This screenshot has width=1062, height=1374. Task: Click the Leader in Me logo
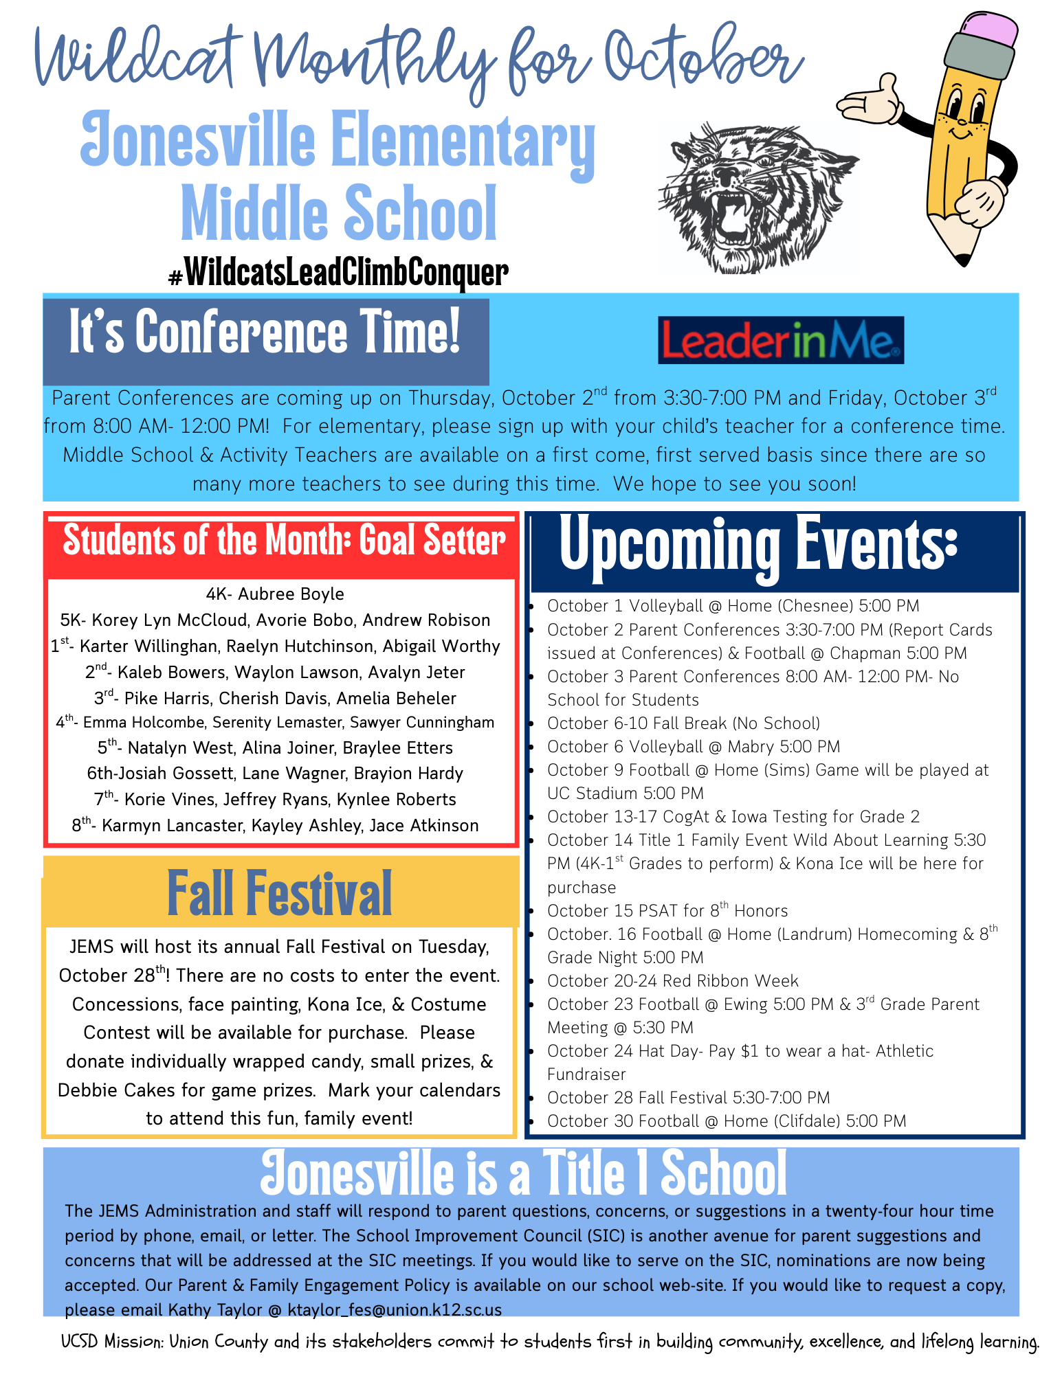pos(780,340)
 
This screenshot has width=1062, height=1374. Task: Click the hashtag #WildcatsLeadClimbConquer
pos(338,273)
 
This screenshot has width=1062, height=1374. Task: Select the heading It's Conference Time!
pos(265,333)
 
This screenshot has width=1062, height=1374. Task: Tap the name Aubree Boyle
pos(291,594)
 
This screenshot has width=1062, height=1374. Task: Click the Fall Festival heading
pos(279,892)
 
